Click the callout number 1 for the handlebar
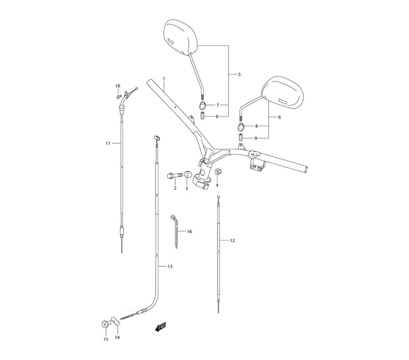164,78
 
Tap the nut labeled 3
188,175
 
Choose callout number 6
279,117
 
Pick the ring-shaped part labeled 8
242,126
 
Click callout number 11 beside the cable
108,143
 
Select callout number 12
232,241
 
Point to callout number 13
170,266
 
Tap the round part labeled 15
105,325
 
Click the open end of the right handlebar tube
307,169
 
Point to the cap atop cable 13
155,138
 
